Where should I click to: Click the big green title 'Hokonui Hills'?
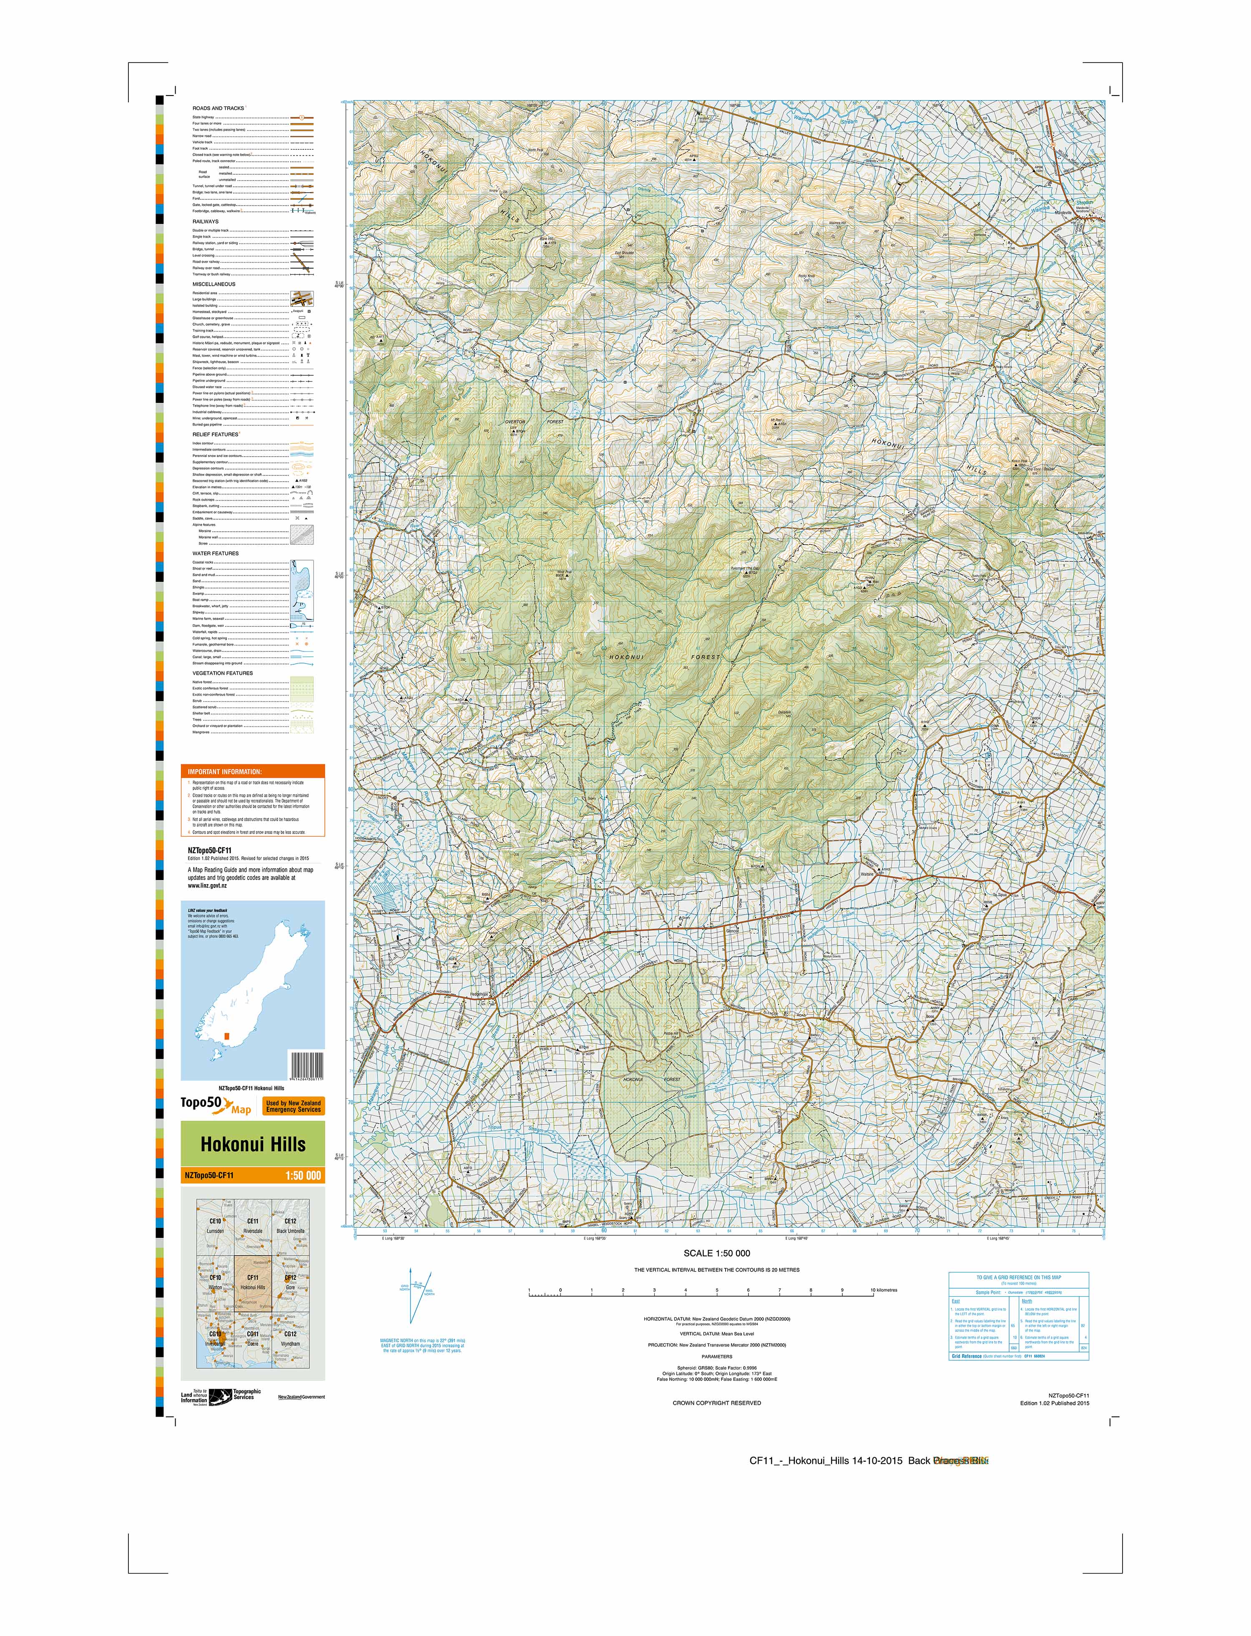pyautogui.click(x=252, y=1144)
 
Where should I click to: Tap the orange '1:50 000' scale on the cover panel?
pyautogui.click(x=303, y=1176)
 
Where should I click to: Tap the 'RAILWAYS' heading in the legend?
pyautogui.click(x=206, y=221)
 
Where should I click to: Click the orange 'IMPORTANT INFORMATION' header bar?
pyautogui.click(x=252, y=772)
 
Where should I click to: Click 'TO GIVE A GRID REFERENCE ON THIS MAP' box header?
pyautogui.click(x=1019, y=1277)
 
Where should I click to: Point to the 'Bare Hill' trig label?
pyautogui.click(x=547, y=239)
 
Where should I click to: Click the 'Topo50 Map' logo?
pyautogui.click(x=216, y=1106)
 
